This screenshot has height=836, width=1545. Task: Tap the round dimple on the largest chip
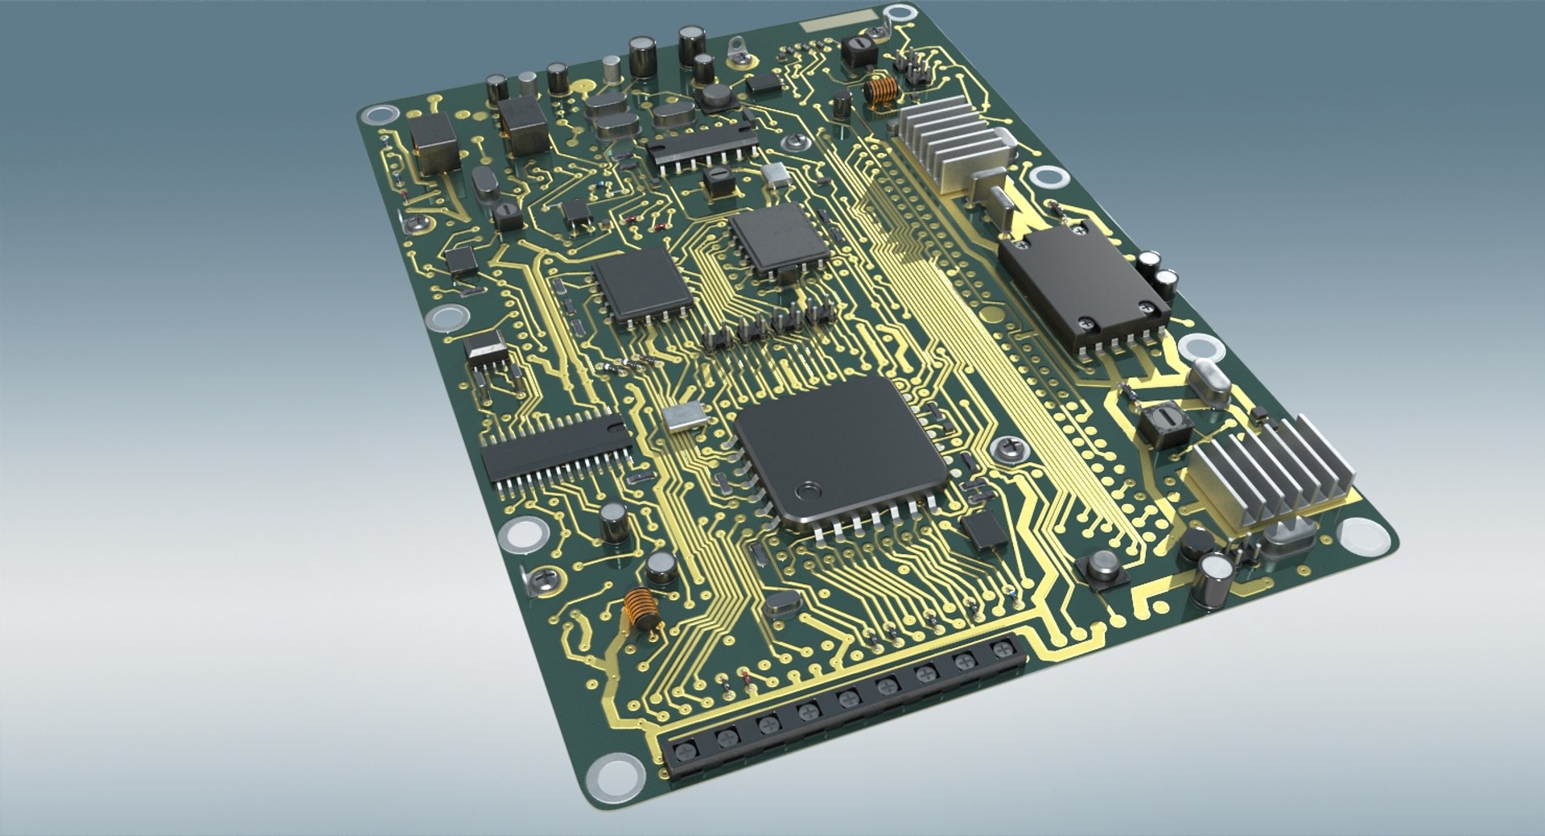807,490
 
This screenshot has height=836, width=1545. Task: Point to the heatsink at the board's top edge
950,141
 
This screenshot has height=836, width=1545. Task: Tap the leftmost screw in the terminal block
685,752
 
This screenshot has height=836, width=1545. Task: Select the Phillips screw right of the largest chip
1009,448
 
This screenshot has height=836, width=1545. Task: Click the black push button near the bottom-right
1103,567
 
